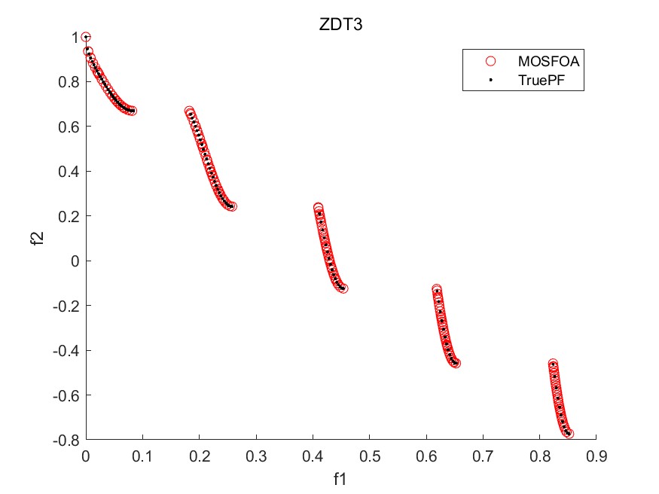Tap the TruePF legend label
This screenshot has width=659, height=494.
(x=541, y=79)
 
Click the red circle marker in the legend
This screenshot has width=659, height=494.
(x=490, y=60)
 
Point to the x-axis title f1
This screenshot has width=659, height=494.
(x=341, y=478)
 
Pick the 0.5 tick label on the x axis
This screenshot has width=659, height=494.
(x=369, y=455)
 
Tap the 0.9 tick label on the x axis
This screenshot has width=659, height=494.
(x=596, y=455)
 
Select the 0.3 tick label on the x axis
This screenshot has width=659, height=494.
(x=256, y=455)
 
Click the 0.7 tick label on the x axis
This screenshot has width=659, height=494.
(x=483, y=455)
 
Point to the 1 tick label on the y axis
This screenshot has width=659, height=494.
(x=74, y=38)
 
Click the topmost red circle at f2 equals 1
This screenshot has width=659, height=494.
(x=86, y=38)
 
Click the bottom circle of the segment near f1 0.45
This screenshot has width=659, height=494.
(x=343, y=288)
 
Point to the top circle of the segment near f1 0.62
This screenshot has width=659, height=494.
(x=436, y=289)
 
